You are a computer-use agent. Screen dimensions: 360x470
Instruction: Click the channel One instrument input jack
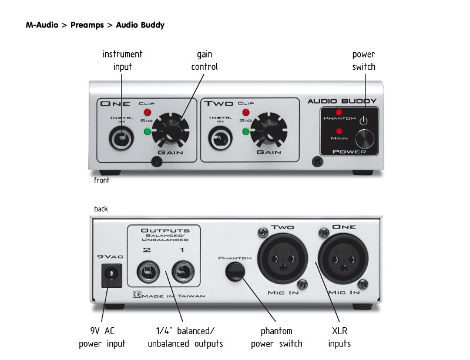click(x=122, y=139)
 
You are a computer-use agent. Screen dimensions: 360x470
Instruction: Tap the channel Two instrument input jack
click(x=221, y=139)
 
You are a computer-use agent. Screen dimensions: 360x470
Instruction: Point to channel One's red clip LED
click(x=147, y=112)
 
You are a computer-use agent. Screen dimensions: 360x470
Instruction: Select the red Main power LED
click(x=340, y=131)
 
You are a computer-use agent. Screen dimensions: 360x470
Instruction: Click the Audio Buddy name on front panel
click(x=342, y=101)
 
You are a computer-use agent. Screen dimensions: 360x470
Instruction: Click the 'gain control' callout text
click(x=204, y=60)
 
